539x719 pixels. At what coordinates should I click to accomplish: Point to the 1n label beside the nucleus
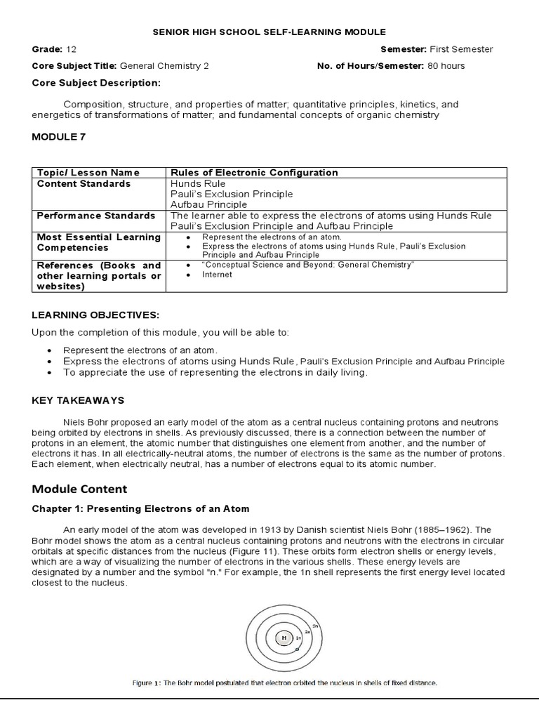(x=298, y=638)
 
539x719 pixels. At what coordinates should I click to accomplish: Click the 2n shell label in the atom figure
(x=307, y=632)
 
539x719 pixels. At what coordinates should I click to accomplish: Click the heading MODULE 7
(x=59, y=136)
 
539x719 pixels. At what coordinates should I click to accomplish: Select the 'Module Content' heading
(x=79, y=488)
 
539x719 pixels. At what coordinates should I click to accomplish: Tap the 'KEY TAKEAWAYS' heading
(x=78, y=400)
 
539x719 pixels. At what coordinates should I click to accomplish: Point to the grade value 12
(x=72, y=49)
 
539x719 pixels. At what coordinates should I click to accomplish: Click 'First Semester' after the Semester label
(x=461, y=49)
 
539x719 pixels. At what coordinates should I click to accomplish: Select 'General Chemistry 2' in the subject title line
(x=164, y=66)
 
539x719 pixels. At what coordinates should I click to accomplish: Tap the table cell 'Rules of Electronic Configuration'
(x=254, y=173)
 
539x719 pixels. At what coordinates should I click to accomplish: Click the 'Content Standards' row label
(x=84, y=184)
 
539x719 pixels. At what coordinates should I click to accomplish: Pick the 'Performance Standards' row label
(x=96, y=216)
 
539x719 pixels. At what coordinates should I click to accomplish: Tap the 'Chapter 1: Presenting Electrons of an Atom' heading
(x=140, y=508)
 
